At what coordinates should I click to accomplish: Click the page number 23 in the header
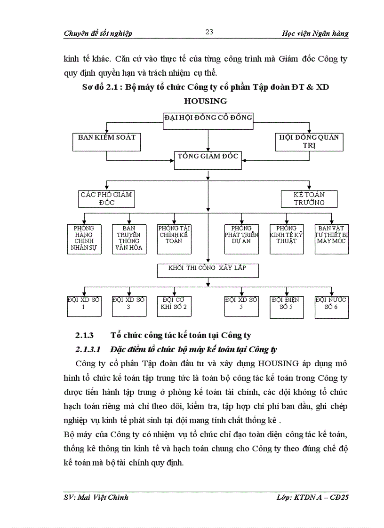click(x=209, y=32)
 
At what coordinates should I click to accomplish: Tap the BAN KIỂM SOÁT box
click(x=106, y=142)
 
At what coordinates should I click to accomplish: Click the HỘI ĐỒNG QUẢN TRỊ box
click(x=309, y=142)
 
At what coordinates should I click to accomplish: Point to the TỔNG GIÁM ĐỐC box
click(x=208, y=160)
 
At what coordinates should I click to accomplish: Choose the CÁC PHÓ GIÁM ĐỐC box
click(x=106, y=198)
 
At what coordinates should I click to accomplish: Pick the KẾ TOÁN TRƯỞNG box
click(x=309, y=198)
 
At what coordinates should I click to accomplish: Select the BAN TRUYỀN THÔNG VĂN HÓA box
click(x=129, y=239)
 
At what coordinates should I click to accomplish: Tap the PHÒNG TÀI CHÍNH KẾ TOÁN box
click(x=174, y=239)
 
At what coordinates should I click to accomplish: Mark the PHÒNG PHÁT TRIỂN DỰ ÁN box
click(x=241, y=239)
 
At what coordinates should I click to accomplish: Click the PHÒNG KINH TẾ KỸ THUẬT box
click(x=287, y=239)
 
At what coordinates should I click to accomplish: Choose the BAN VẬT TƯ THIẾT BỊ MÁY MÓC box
click(x=332, y=239)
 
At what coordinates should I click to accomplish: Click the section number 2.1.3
click(x=85, y=335)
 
